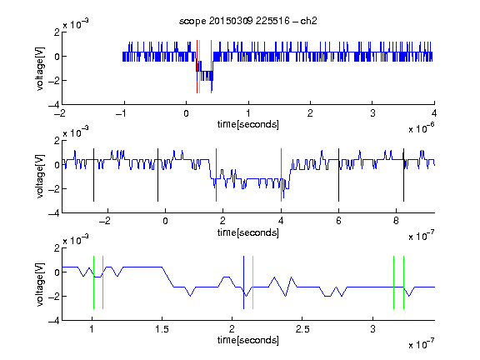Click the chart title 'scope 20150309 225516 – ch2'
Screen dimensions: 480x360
(x=248, y=21)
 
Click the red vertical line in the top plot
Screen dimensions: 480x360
(x=197, y=67)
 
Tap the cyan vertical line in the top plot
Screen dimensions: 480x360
(x=199, y=67)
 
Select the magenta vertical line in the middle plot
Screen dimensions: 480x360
(x=281, y=175)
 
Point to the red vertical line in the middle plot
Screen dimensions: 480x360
(x=216, y=175)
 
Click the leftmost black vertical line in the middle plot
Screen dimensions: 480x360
(x=93, y=175)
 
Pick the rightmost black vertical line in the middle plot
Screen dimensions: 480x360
(x=403, y=175)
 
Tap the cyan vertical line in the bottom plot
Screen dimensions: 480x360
(x=252, y=282)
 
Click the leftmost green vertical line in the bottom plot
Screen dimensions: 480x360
(x=93, y=282)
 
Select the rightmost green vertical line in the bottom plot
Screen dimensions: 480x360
(x=404, y=282)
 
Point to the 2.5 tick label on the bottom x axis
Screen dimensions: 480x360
(x=302, y=329)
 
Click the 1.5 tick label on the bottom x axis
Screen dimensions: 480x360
(x=162, y=329)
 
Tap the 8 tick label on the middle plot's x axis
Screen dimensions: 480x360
(x=396, y=221)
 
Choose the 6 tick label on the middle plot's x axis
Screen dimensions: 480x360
(x=338, y=221)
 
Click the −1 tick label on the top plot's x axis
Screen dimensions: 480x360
(x=121, y=113)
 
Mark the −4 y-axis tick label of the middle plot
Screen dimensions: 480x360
(x=54, y=213)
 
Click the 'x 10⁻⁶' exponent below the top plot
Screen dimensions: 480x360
(x=422, y=128)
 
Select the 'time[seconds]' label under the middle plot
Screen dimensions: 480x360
(x=248, y=232)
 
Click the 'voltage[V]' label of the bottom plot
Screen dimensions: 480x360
(x=40, y=284)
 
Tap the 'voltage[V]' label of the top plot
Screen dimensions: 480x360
(x=40, y=68)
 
